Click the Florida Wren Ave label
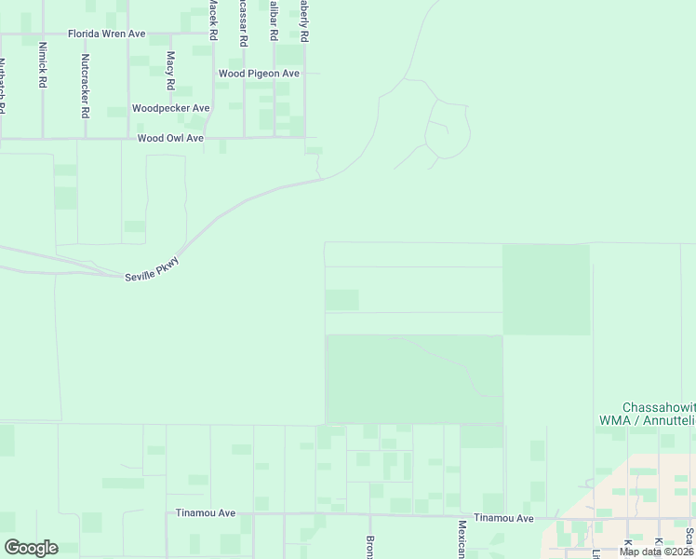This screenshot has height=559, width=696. pos(107,34)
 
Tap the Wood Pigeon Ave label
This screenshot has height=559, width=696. pos(259,73)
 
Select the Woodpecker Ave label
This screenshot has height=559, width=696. pos(171,108)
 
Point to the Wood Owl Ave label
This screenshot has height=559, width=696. pos(170,138)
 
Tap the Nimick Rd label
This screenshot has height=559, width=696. pos(43,63)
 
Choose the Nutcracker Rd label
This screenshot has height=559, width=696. pos(85,86)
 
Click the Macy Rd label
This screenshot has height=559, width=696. pos(170,70)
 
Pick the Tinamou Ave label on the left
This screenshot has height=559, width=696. pos(206,513)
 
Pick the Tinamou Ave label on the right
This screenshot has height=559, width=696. pos(503,518)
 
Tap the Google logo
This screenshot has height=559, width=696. pos(31,547)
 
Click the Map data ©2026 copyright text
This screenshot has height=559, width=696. pos(656,552)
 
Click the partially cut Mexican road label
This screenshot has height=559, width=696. pos(461,540)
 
